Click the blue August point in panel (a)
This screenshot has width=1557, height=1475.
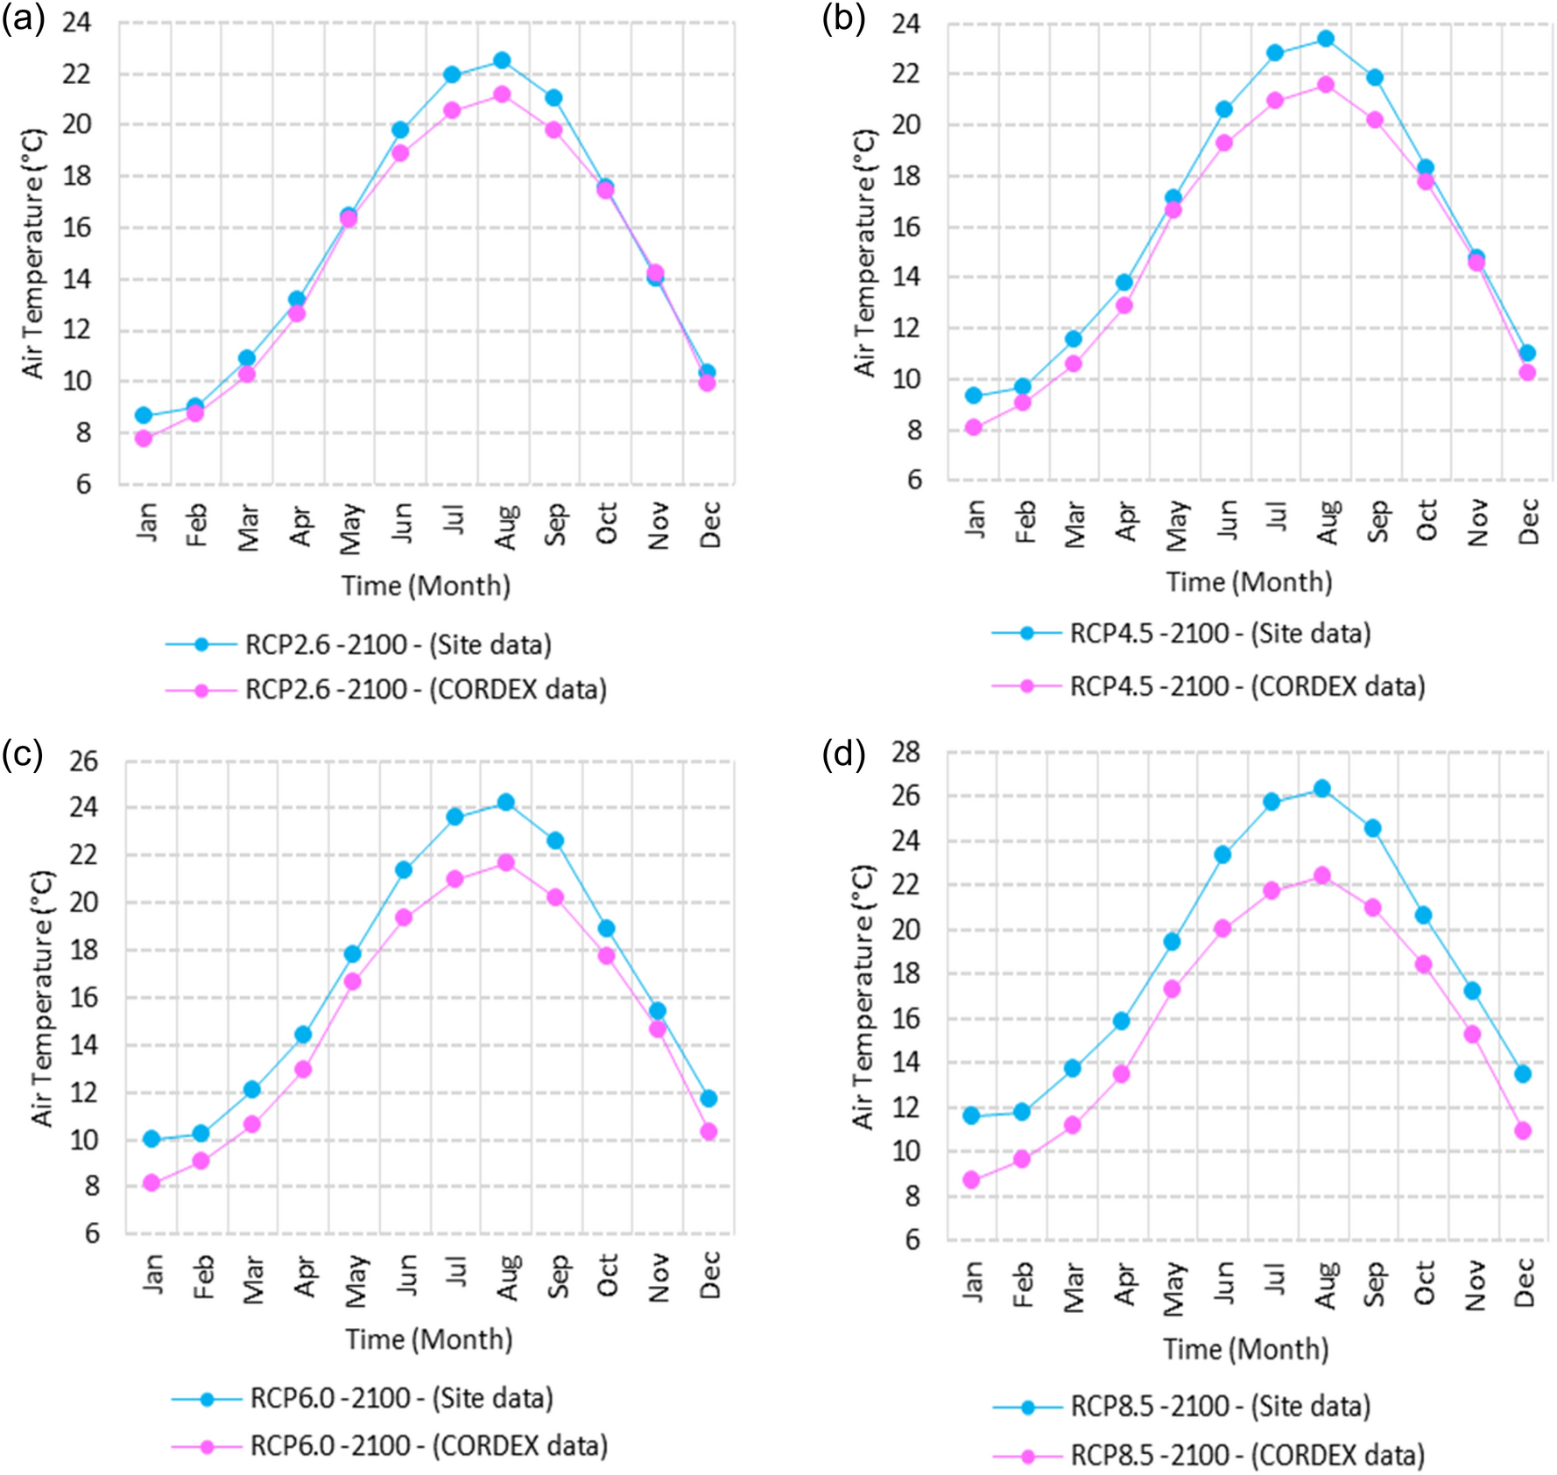pyautogui.click(x=502, y=60)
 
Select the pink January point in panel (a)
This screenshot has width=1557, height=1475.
pyautogui.click(x=144, y=438)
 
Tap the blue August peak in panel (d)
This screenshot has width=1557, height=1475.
pyautogui.click(x=1322, y=789)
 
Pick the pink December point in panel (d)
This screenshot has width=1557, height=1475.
pyautogui.click(x=1523, y=1131)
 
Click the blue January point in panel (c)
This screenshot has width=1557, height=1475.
pyautogui.click(x=151, y=1139)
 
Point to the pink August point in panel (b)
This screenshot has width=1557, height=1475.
pyautogui.click(x=1326, y=85)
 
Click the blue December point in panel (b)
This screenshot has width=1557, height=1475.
pyautogui.click(x=1527, y=353)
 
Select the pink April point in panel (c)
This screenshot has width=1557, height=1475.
pyautogui.click(x=303, y=1069)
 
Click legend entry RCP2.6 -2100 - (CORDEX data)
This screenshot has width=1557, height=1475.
pyautogui.click(x=426, y=690)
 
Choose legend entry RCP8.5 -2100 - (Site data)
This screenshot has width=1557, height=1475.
pyautogui.click(x=1220, y=1407)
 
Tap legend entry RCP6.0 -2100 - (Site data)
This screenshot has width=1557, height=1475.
pyautogui.click(x=401, y=1399)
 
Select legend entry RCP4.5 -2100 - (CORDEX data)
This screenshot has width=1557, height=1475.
pyautogui.click(x=1247, y=686)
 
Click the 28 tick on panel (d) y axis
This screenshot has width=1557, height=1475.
pyautogui.click(x=906, y=751)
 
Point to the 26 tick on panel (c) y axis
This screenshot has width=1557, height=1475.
pyautogui.click(x=84, y=761)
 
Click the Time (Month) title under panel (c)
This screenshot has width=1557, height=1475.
pyautogui.click(x=428, y=1339)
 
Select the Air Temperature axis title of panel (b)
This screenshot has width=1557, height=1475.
pyautogui.click(x=864, y=253)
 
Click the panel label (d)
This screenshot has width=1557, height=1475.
pyautogui.click(x=843, y=753)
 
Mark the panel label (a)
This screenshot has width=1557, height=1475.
pyautogui.click(x=24, y=18)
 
